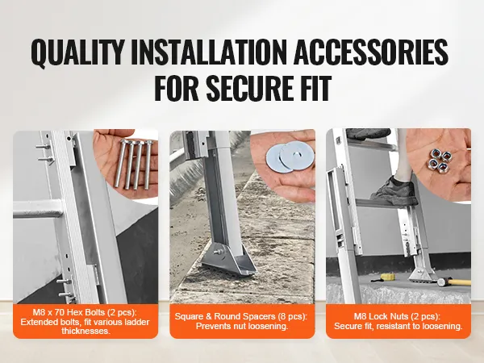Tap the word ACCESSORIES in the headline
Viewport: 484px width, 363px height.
[371, 52]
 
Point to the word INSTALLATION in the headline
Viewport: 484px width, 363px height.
[209, 52]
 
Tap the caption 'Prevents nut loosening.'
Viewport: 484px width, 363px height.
[242, 326]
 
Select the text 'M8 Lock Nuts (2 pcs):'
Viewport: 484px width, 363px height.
[397, 316]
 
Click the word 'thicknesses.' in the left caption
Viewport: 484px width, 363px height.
[86, 332]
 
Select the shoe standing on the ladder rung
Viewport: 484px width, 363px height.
[394, 190]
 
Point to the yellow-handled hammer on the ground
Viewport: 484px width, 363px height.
[453, 282]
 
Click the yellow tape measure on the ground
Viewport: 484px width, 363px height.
[386, 277]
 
